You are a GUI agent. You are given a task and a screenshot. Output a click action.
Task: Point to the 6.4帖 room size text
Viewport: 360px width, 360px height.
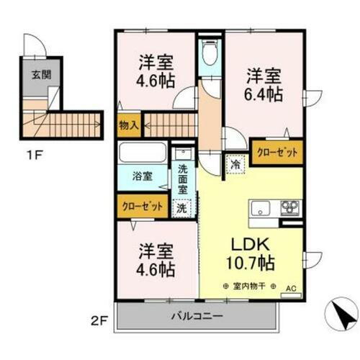(264, 94)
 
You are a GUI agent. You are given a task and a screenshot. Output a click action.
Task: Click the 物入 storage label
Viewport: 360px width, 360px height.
(128, 125)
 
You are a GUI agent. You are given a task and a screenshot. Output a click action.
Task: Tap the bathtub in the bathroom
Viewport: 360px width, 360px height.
(142, 153)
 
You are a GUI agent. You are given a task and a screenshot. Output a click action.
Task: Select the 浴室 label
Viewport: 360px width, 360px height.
(142, 175)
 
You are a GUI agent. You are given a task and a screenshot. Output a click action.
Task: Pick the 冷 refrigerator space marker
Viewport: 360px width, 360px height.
(234, 163)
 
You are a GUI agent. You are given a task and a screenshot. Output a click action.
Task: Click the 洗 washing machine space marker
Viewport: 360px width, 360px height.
(183, 207)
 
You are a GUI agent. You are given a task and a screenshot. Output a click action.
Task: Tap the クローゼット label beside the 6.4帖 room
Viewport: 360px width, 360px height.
(276, 151)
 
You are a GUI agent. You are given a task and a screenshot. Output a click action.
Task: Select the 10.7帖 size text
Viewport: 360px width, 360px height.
(251, 264)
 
